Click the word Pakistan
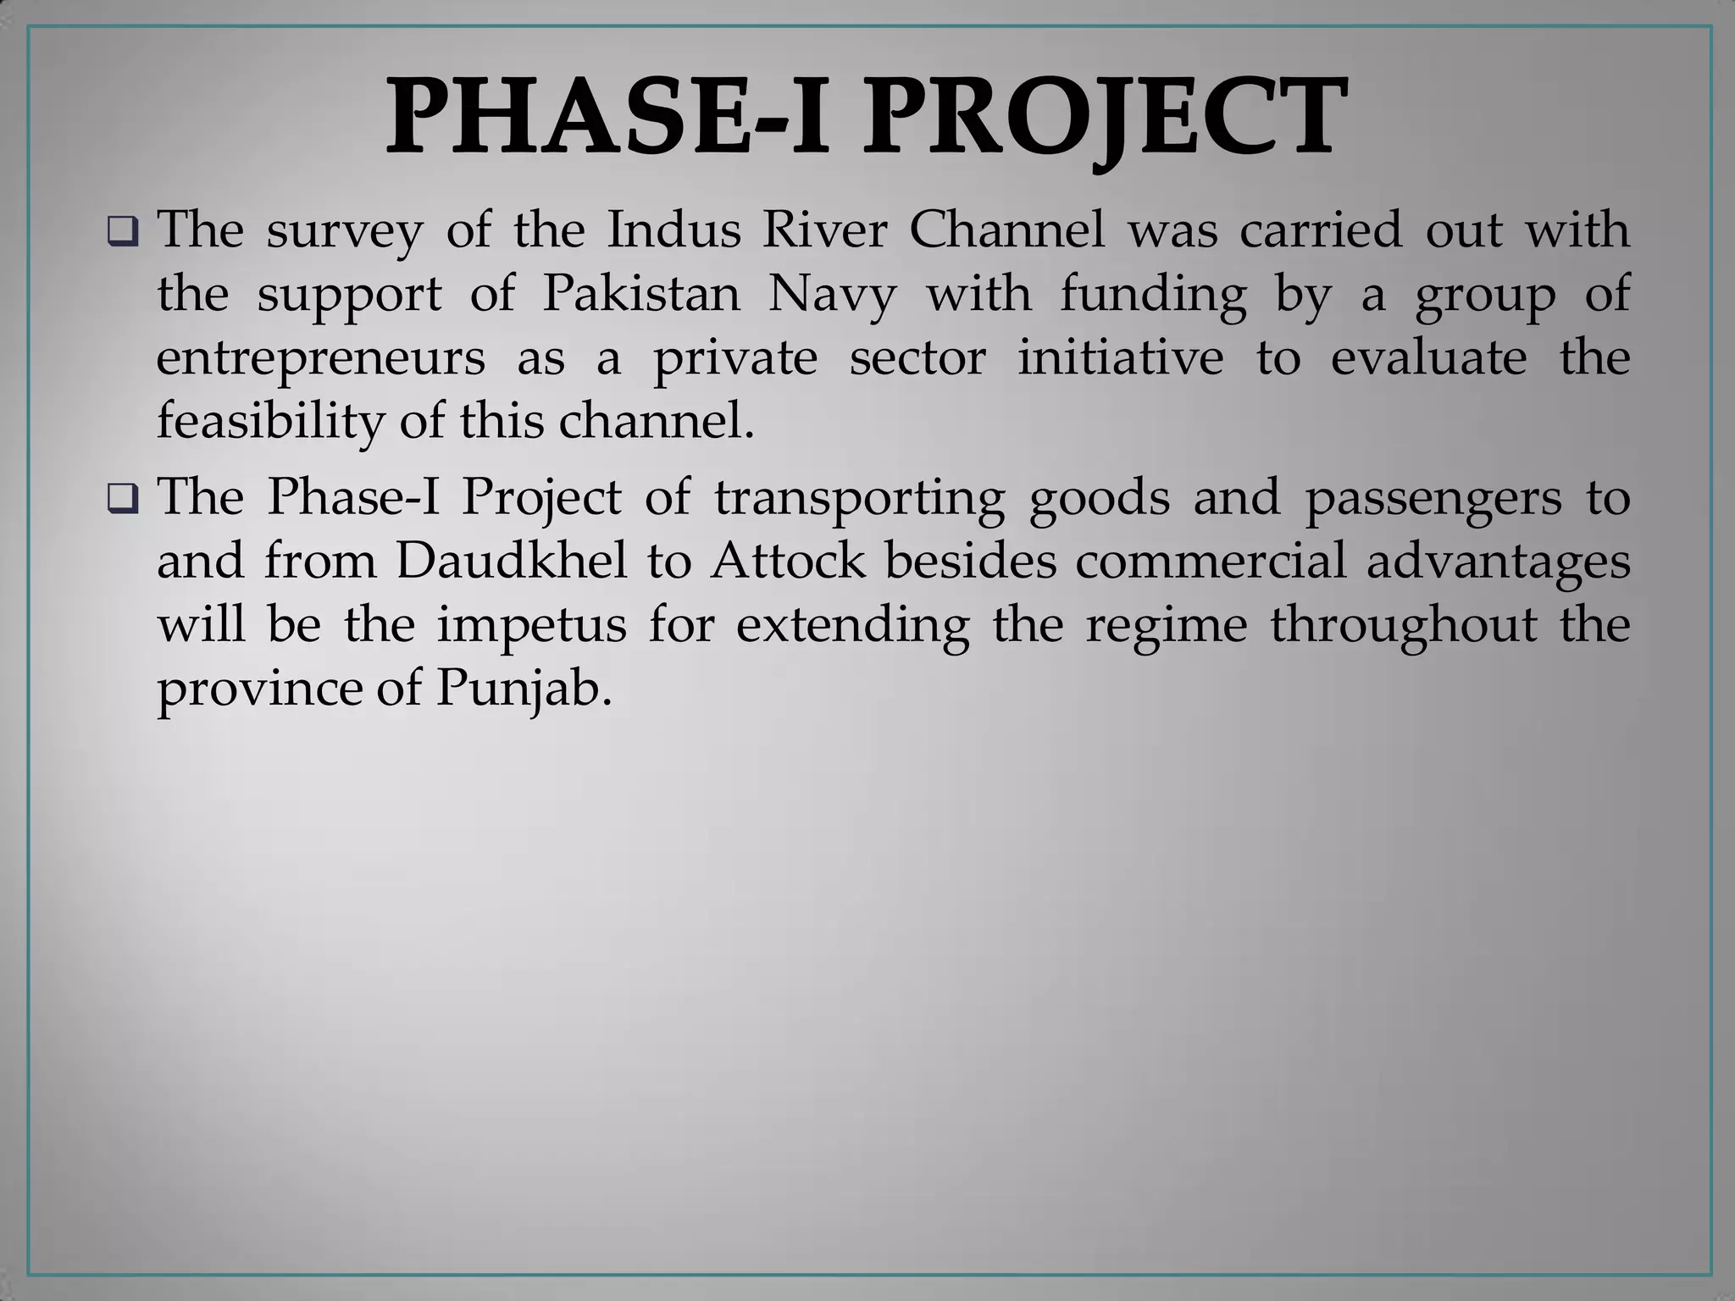point(641,294)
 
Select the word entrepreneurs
point(321,358)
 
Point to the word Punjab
point(523,688)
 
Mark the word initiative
point(1121,358)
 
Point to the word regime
point(1167,625)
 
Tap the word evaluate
point(1428,358)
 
